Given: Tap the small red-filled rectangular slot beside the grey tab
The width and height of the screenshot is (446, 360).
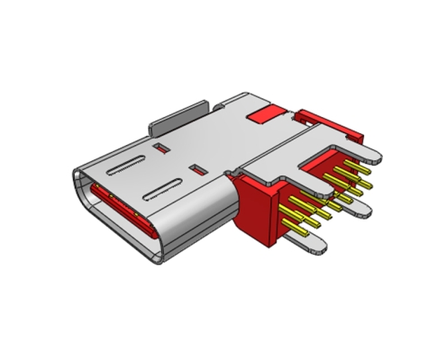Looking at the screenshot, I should coord(162,145).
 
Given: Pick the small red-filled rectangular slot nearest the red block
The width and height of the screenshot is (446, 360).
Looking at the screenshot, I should coord(196,167).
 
